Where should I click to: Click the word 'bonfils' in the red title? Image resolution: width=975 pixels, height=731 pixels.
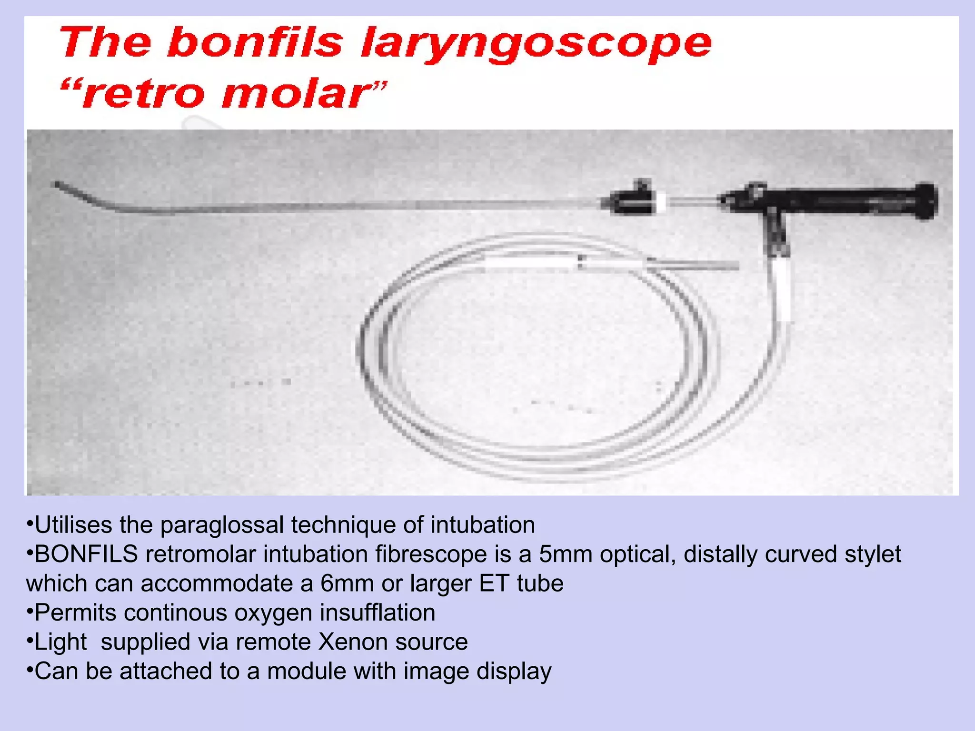tap(255, 43)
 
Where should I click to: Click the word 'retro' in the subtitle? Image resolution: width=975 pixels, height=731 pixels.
tap(143, 94)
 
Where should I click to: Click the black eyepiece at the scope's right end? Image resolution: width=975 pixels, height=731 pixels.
tap(926, 201)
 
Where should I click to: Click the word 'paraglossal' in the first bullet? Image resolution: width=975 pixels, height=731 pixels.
tap(221, 525)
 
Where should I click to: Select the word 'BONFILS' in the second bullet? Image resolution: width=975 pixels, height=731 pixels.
tap(86, 554)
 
